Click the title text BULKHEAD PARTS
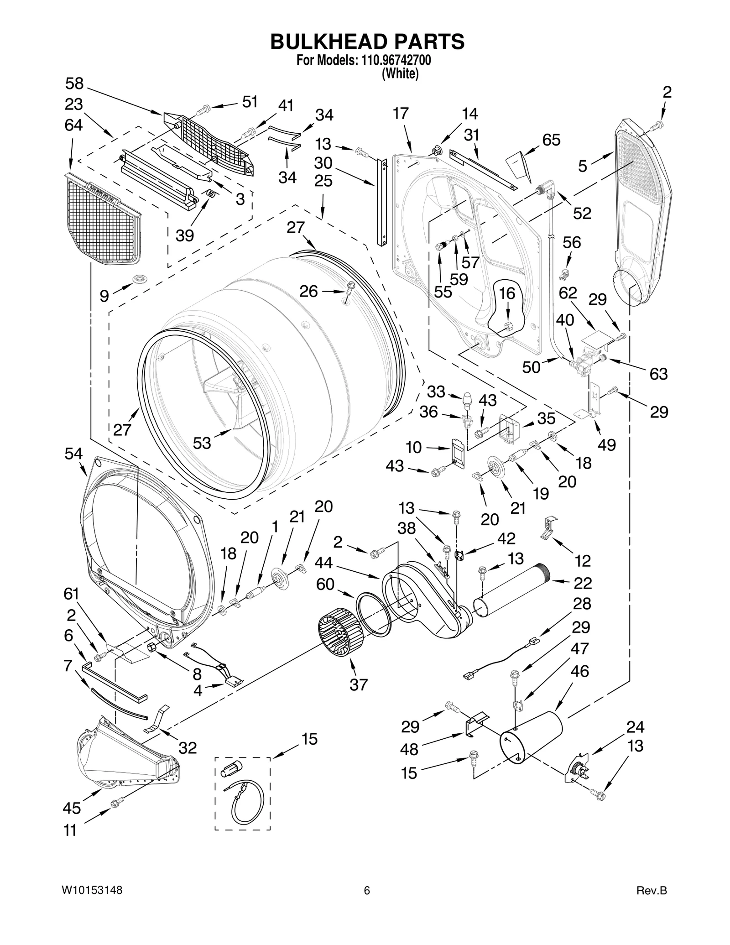click(367, 42)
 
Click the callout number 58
click(74, 84)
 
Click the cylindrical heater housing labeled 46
click(532, 739)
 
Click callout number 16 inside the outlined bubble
click(507, 293)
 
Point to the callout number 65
click(551, 140)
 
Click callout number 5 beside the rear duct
click(583, 167)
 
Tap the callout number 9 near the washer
click(104, 296)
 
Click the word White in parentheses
click(400, 73)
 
